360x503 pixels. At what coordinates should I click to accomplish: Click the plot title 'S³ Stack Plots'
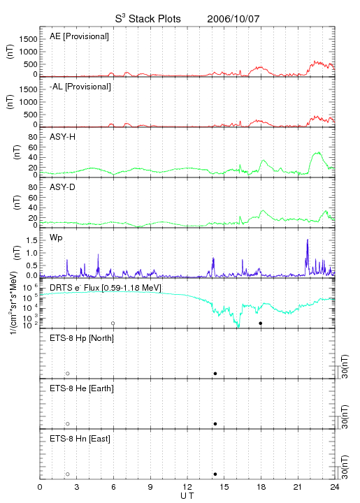(x=148, y=19)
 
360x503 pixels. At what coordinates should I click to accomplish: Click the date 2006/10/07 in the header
(x=233, y=19)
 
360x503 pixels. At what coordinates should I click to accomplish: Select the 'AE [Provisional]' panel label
(x=79, y=36)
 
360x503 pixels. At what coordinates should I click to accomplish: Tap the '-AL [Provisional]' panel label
(x=80, y=87)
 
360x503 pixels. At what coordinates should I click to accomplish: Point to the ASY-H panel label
(x=63, y=137)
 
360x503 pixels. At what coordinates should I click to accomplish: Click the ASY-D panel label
(x=62, y=187)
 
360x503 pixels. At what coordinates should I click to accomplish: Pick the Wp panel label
(x=56, y=238)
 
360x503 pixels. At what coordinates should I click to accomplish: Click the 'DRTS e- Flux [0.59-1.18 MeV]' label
(x=106, y=288)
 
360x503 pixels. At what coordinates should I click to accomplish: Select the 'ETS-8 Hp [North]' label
(x=82, y=338)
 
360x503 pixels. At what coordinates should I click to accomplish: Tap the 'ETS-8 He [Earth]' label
(x=82, y=388)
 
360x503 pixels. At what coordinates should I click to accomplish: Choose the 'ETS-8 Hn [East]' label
(x=80, y=439)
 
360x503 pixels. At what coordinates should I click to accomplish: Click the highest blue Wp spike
(x=308, y=240)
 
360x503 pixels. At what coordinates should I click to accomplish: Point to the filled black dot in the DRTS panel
(x=261, y=323)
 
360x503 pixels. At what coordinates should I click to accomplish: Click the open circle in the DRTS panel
(x=113, y=323)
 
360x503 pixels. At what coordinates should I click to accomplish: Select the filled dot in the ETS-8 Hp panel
(x=215, y=373)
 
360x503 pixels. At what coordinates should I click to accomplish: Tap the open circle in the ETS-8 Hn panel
(x=68, y=474)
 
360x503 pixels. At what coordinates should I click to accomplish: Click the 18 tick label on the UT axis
(x=261, y=488)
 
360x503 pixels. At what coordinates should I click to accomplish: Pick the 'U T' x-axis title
(x=187, y=496)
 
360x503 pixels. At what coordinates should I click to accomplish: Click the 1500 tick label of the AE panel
(x=28, y=39)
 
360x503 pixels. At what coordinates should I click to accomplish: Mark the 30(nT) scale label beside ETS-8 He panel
(x=345, y=416)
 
